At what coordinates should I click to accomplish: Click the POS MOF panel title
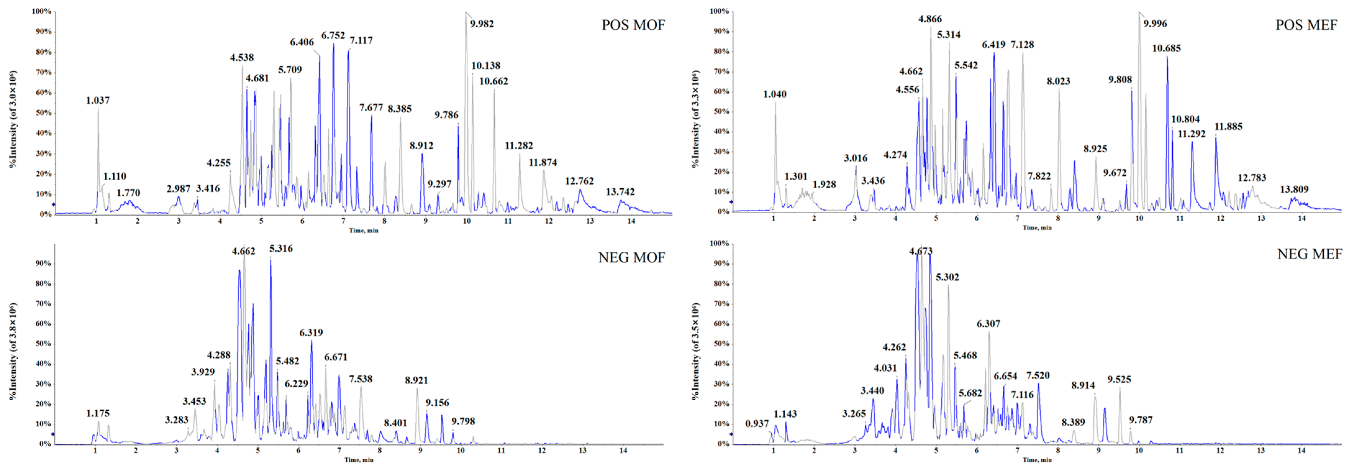pyautogui.click(x=633, y=25)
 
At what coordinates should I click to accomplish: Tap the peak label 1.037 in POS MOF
pyautogui.click(x=98, y=100)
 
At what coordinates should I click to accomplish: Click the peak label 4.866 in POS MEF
pyautogui.click(x=929, y=19)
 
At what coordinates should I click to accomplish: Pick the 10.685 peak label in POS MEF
pyautogui.click(x=1166, y=48)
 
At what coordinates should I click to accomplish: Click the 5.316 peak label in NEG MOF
pyautogui.click(x=281, y=248)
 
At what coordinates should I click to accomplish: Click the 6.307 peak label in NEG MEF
pyautogui.click(x=988, y=324)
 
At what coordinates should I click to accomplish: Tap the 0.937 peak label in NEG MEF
pyautogui.click(x=757, y=424)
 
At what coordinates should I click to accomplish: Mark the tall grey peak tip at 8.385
pyautogui.click(x=400, y=117)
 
